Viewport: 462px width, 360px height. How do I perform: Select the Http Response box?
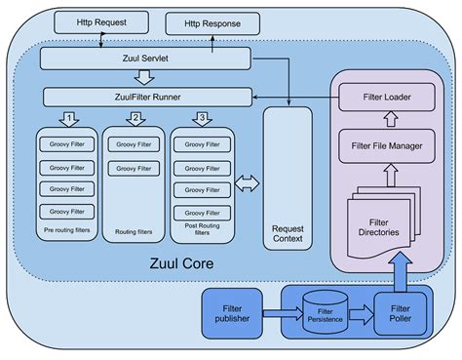(x=213, y=22)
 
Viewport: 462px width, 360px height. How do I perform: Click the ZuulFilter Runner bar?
(x=146, y=97)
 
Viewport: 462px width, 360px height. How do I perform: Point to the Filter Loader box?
(x=387, y=98)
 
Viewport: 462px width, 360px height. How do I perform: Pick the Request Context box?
(x=288, y=176)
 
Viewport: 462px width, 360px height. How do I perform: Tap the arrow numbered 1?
(x=69, y=119)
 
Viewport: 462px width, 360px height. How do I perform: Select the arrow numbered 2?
(x=136, y=119)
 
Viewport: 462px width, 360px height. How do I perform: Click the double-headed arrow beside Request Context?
(x=248, y=182)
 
